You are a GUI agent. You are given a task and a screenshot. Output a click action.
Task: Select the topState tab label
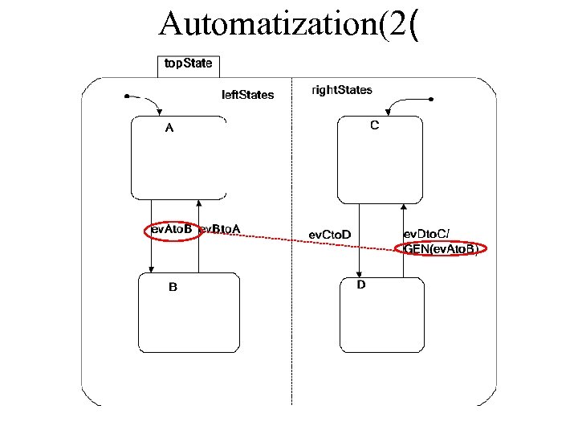(188, 63)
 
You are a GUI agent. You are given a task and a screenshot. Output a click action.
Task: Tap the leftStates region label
(247, 95)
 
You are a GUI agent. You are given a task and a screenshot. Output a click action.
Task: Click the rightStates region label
(341, 90)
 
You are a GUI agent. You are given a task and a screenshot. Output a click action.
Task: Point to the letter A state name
(169, 128)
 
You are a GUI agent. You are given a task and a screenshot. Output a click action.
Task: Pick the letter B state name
(173, 286)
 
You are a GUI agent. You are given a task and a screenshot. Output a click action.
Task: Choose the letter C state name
(375, 125)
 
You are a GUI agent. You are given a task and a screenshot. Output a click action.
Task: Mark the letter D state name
(361, 285)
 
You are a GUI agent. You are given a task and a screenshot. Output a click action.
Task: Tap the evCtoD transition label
(330, 235)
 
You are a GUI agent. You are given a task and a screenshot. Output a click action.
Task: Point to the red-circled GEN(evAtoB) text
(441, 250)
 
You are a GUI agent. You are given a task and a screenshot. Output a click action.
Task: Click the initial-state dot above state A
(127, 96)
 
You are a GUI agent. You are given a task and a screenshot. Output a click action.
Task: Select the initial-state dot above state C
(431, 99)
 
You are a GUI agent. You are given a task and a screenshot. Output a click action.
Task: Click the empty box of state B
(189, 321)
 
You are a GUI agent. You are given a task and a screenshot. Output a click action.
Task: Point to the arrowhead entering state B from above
(152, 269)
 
